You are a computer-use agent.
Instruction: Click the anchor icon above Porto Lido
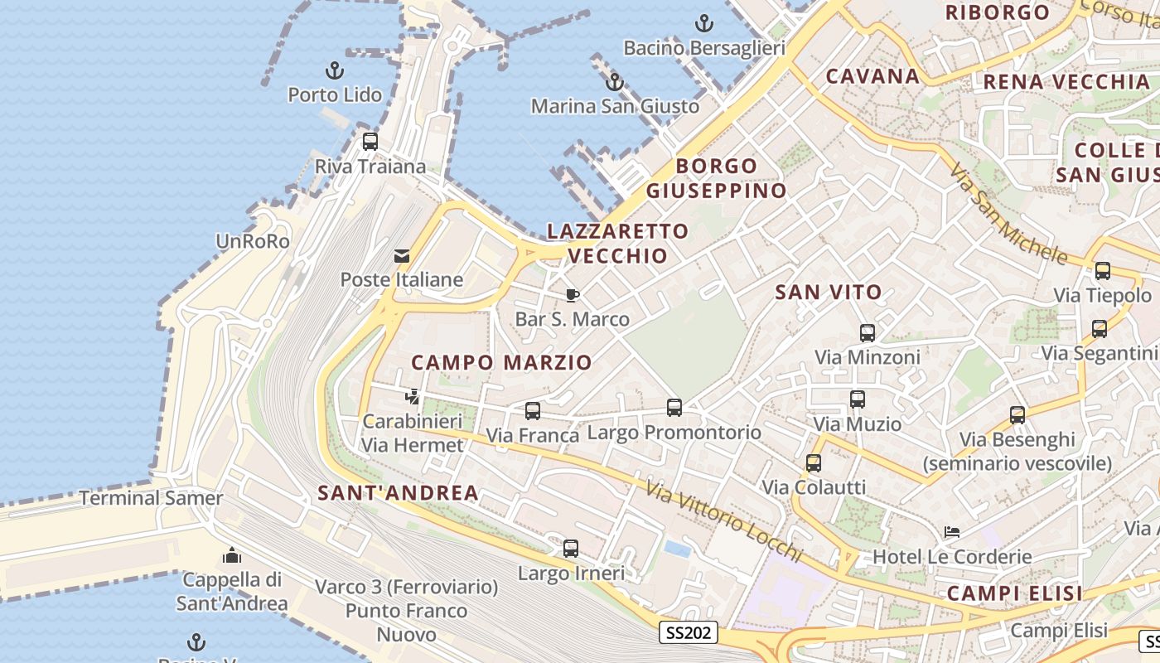[x=335, y=70]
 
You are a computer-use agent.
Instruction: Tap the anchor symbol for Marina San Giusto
[x=614, y=82]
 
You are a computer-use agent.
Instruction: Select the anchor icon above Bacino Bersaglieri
[x=703, y=23]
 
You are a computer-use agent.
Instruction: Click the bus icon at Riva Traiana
[x=370, y=142]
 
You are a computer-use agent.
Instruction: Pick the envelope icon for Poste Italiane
[x=402, y=255]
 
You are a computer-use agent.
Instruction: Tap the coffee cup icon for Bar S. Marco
[x=572, y=295]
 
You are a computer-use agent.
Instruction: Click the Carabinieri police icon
[x=412, y=397]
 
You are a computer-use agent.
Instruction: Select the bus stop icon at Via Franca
[x=533, y=410]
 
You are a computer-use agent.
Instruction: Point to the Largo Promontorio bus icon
[x=674, y=408]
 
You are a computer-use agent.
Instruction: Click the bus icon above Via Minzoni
[x=867, y=333]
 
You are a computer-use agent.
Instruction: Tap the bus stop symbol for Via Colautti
[x=814, y=463]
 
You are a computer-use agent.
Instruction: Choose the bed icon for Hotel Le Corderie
[x=952, y=532]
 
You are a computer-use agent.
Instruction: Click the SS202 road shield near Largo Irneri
[x=689, y=633]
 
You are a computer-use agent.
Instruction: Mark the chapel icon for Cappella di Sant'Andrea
[x=232, y=554]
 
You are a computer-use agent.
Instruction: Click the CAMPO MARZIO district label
[x=501, y=362]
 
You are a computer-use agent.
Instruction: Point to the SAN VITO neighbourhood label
[x=828, y=292]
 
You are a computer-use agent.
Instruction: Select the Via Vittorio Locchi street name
[x=725, y=522]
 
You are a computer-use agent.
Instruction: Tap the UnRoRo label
[x=253, y=242]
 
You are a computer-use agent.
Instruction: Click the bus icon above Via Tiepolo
[x=1102, y=271]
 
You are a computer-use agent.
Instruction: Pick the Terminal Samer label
[x=151, y=498]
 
